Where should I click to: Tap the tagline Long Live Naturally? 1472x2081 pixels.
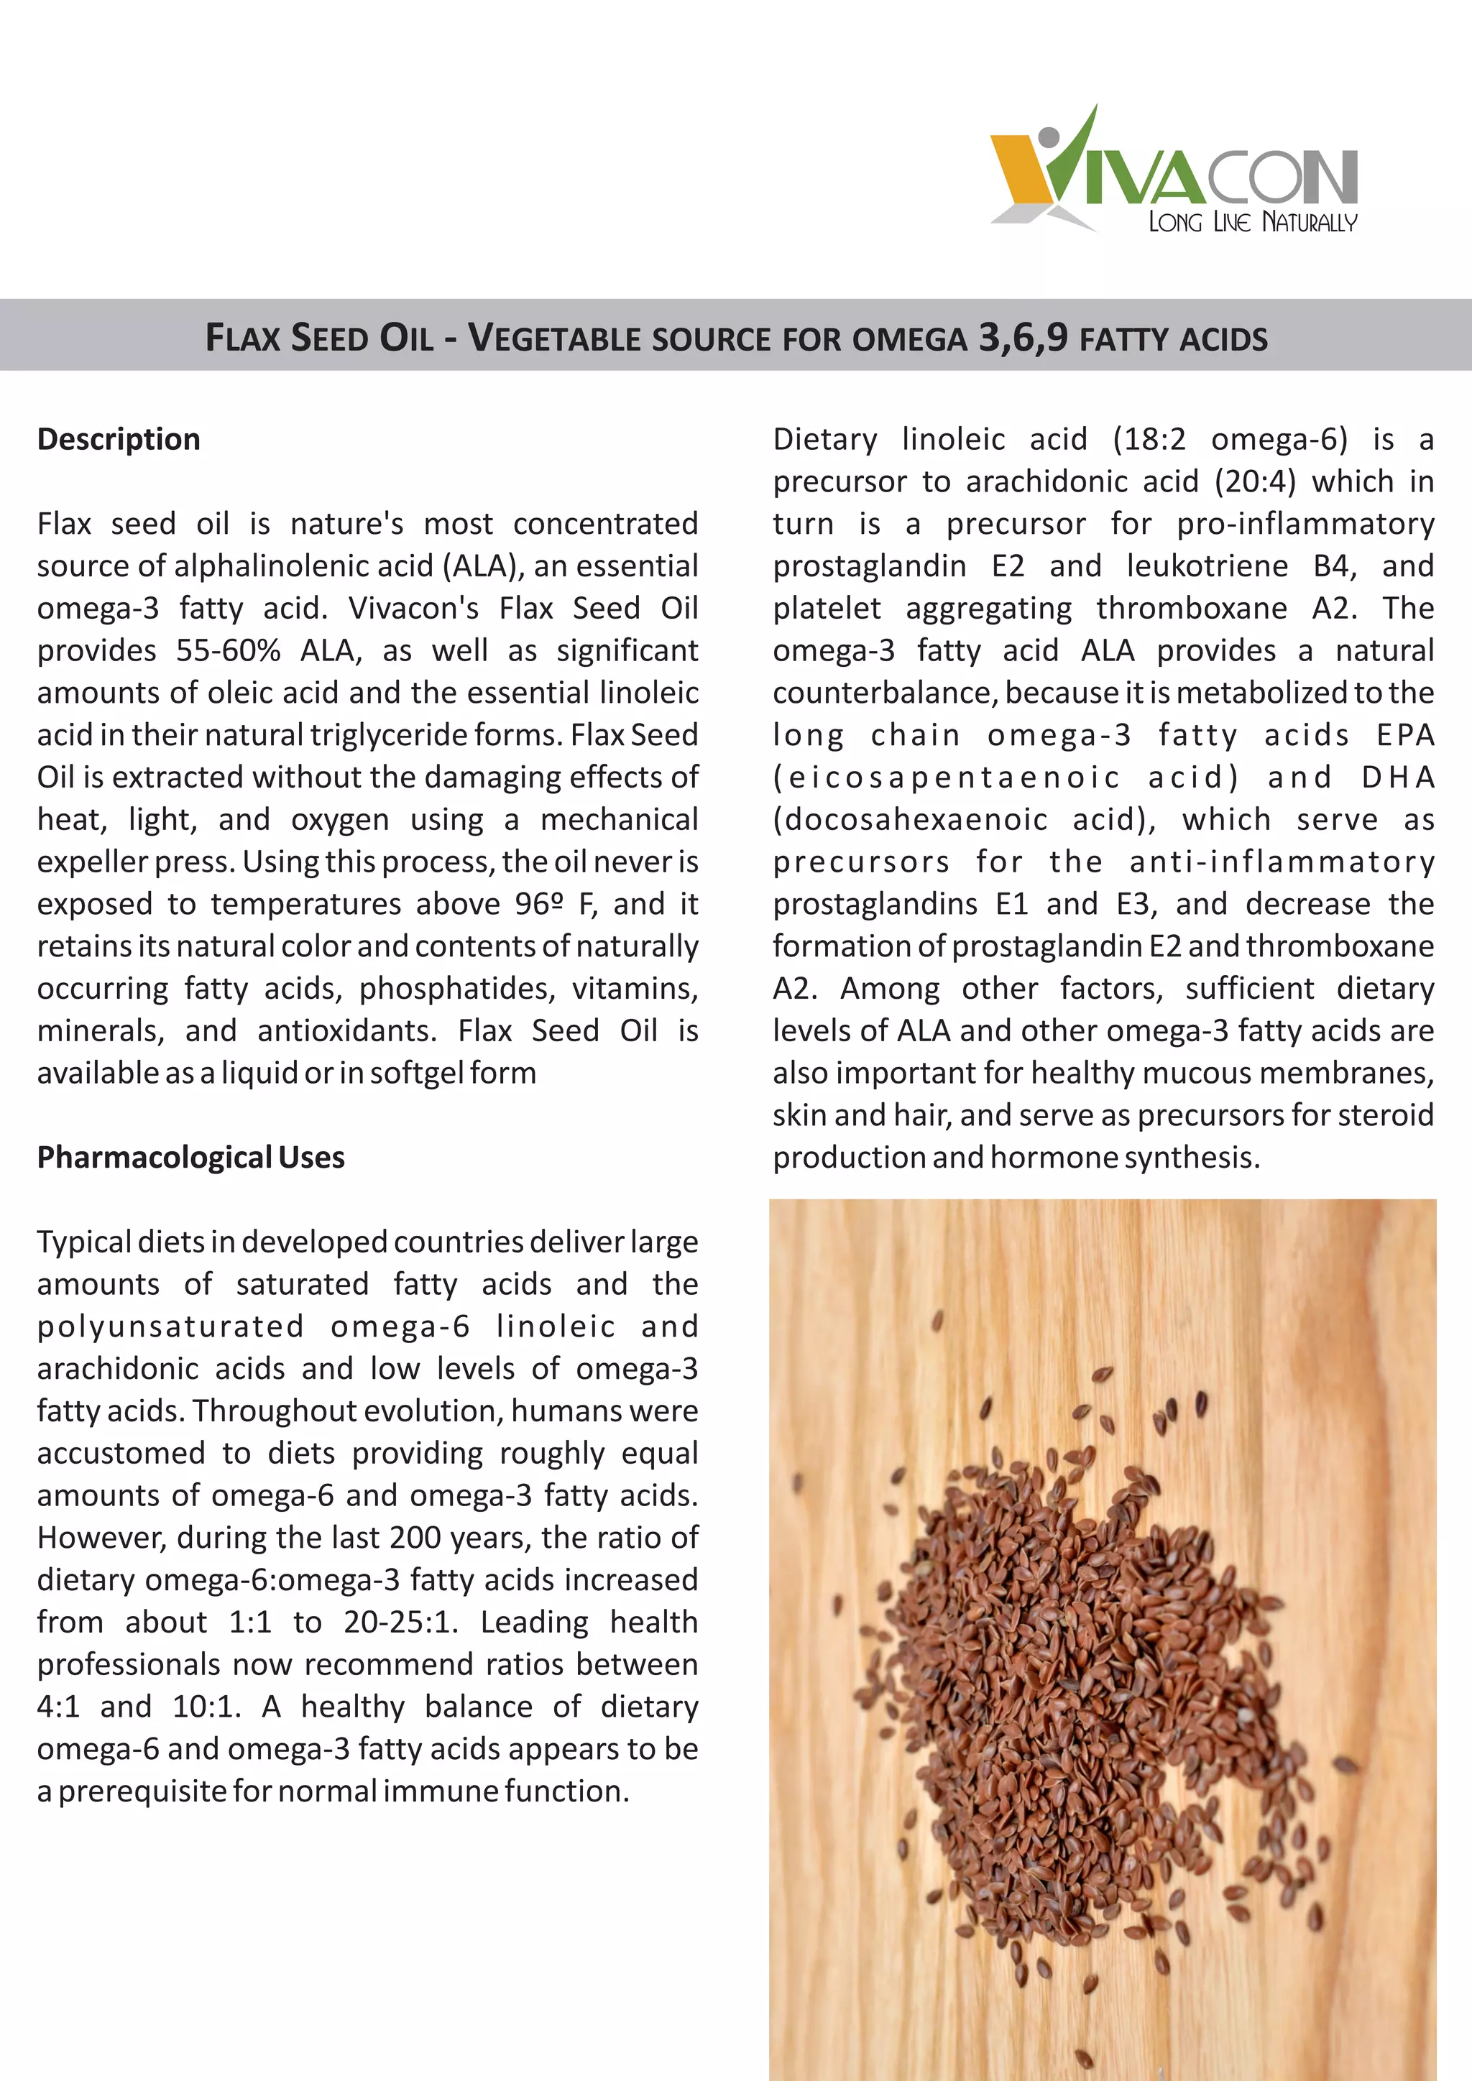pyautogui.click(x=1253, y=222)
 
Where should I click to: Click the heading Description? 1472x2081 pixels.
pyautogui.click(x=119, y=440)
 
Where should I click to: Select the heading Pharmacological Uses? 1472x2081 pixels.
pyautogui.click(x=190, y=1158)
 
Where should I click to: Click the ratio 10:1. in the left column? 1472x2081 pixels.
pyautogui.click(x=207, y=1707)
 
